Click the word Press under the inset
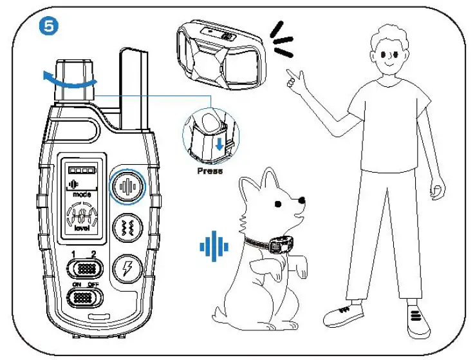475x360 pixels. [210, 171]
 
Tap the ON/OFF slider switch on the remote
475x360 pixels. [82, 298]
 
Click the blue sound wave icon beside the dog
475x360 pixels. [214, 246]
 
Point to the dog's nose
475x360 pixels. [303, 202]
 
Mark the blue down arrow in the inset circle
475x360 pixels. [219, 144]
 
